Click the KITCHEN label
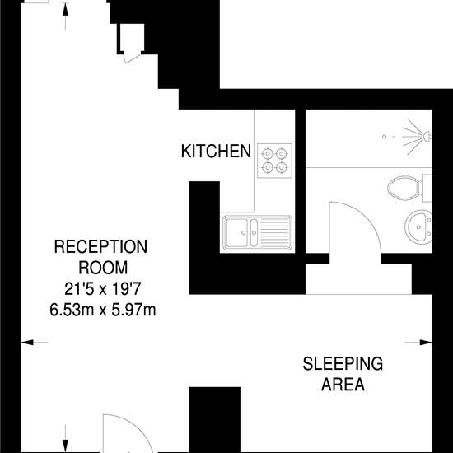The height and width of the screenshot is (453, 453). pyautogui.click(x=216, y=151)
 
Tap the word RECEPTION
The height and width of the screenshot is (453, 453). pyautogui.click(x=100, y=247)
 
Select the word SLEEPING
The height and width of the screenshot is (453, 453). pyautogui.click(x=343, y=364)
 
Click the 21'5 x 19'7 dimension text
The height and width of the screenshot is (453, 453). pyautogui.click(x=103, y=289)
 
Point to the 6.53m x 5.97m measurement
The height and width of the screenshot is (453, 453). pyautogui.click(x=103, y=310)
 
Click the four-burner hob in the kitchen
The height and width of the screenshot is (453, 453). pyautogui.click(x=274, y=161)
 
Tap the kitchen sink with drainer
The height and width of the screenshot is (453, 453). pyautogui.click(x=257, y=232)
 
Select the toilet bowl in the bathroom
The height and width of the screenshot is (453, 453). pyautogui.click(x=404, y=188)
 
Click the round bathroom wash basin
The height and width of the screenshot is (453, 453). pyautogui.click(x=418, y=227)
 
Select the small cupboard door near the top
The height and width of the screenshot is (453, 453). pyautogui.click(x=133, y=58)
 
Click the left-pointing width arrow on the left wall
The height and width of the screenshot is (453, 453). pyautogui.click(x=35, y=343)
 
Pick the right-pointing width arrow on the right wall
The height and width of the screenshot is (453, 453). pyautogui.click(x=418, y=343)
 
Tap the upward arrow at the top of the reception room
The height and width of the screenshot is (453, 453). pyautogui.click(x=65, y=16)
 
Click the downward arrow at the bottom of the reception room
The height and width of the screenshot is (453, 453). pyautogui.click(x=65, y=438)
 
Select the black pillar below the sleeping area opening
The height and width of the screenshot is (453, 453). pyautogui.click(x=215, y=420)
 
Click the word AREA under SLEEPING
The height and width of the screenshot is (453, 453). pyautogui.click(x=343, y=385)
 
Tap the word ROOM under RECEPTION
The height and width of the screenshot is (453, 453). pyautogui.click(x=103, y=268)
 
